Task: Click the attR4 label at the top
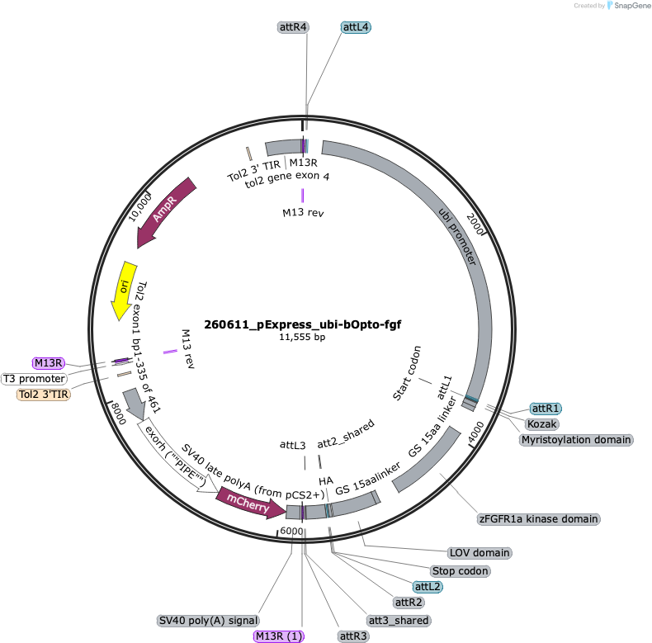(x=293, y=27)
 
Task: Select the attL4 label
(x=356, y=27)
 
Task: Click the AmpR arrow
(x=166, y=212)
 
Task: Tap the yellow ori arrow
(x=124, y=290)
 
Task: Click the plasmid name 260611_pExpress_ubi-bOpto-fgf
(x=302, y=324)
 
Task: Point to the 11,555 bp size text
(x=302, y=337)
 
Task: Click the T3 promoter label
(x=34, y=379)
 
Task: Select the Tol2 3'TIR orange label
(x=43, y=395)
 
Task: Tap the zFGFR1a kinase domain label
(x=538, y=519)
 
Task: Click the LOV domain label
(x=480, y=553)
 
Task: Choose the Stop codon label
(x=461, y=571)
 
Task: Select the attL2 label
(x=428, y=587)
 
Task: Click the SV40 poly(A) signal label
(x=208, y=621)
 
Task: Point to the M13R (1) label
(x=279, y=636)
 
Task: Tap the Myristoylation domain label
(x=576, y=440)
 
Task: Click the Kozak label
(x=542, y=423)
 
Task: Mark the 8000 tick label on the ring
(x=119, y=414)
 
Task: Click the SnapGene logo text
(x=632, y=6)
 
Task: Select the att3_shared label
(x=399, y=621)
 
